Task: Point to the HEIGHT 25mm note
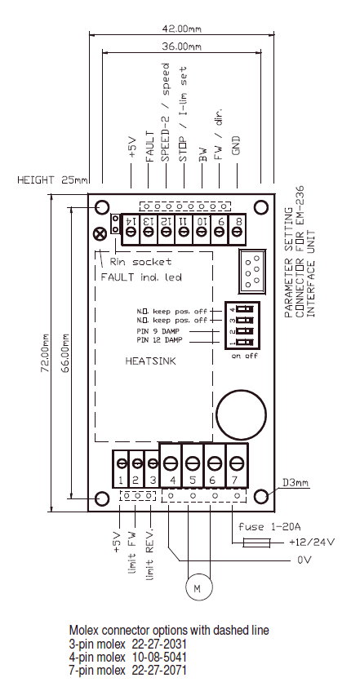47,179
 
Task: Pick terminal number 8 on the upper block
238,221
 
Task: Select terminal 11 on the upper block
184,221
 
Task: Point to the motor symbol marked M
195,584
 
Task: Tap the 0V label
304,560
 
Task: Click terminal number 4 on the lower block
171,481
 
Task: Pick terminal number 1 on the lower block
120,481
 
